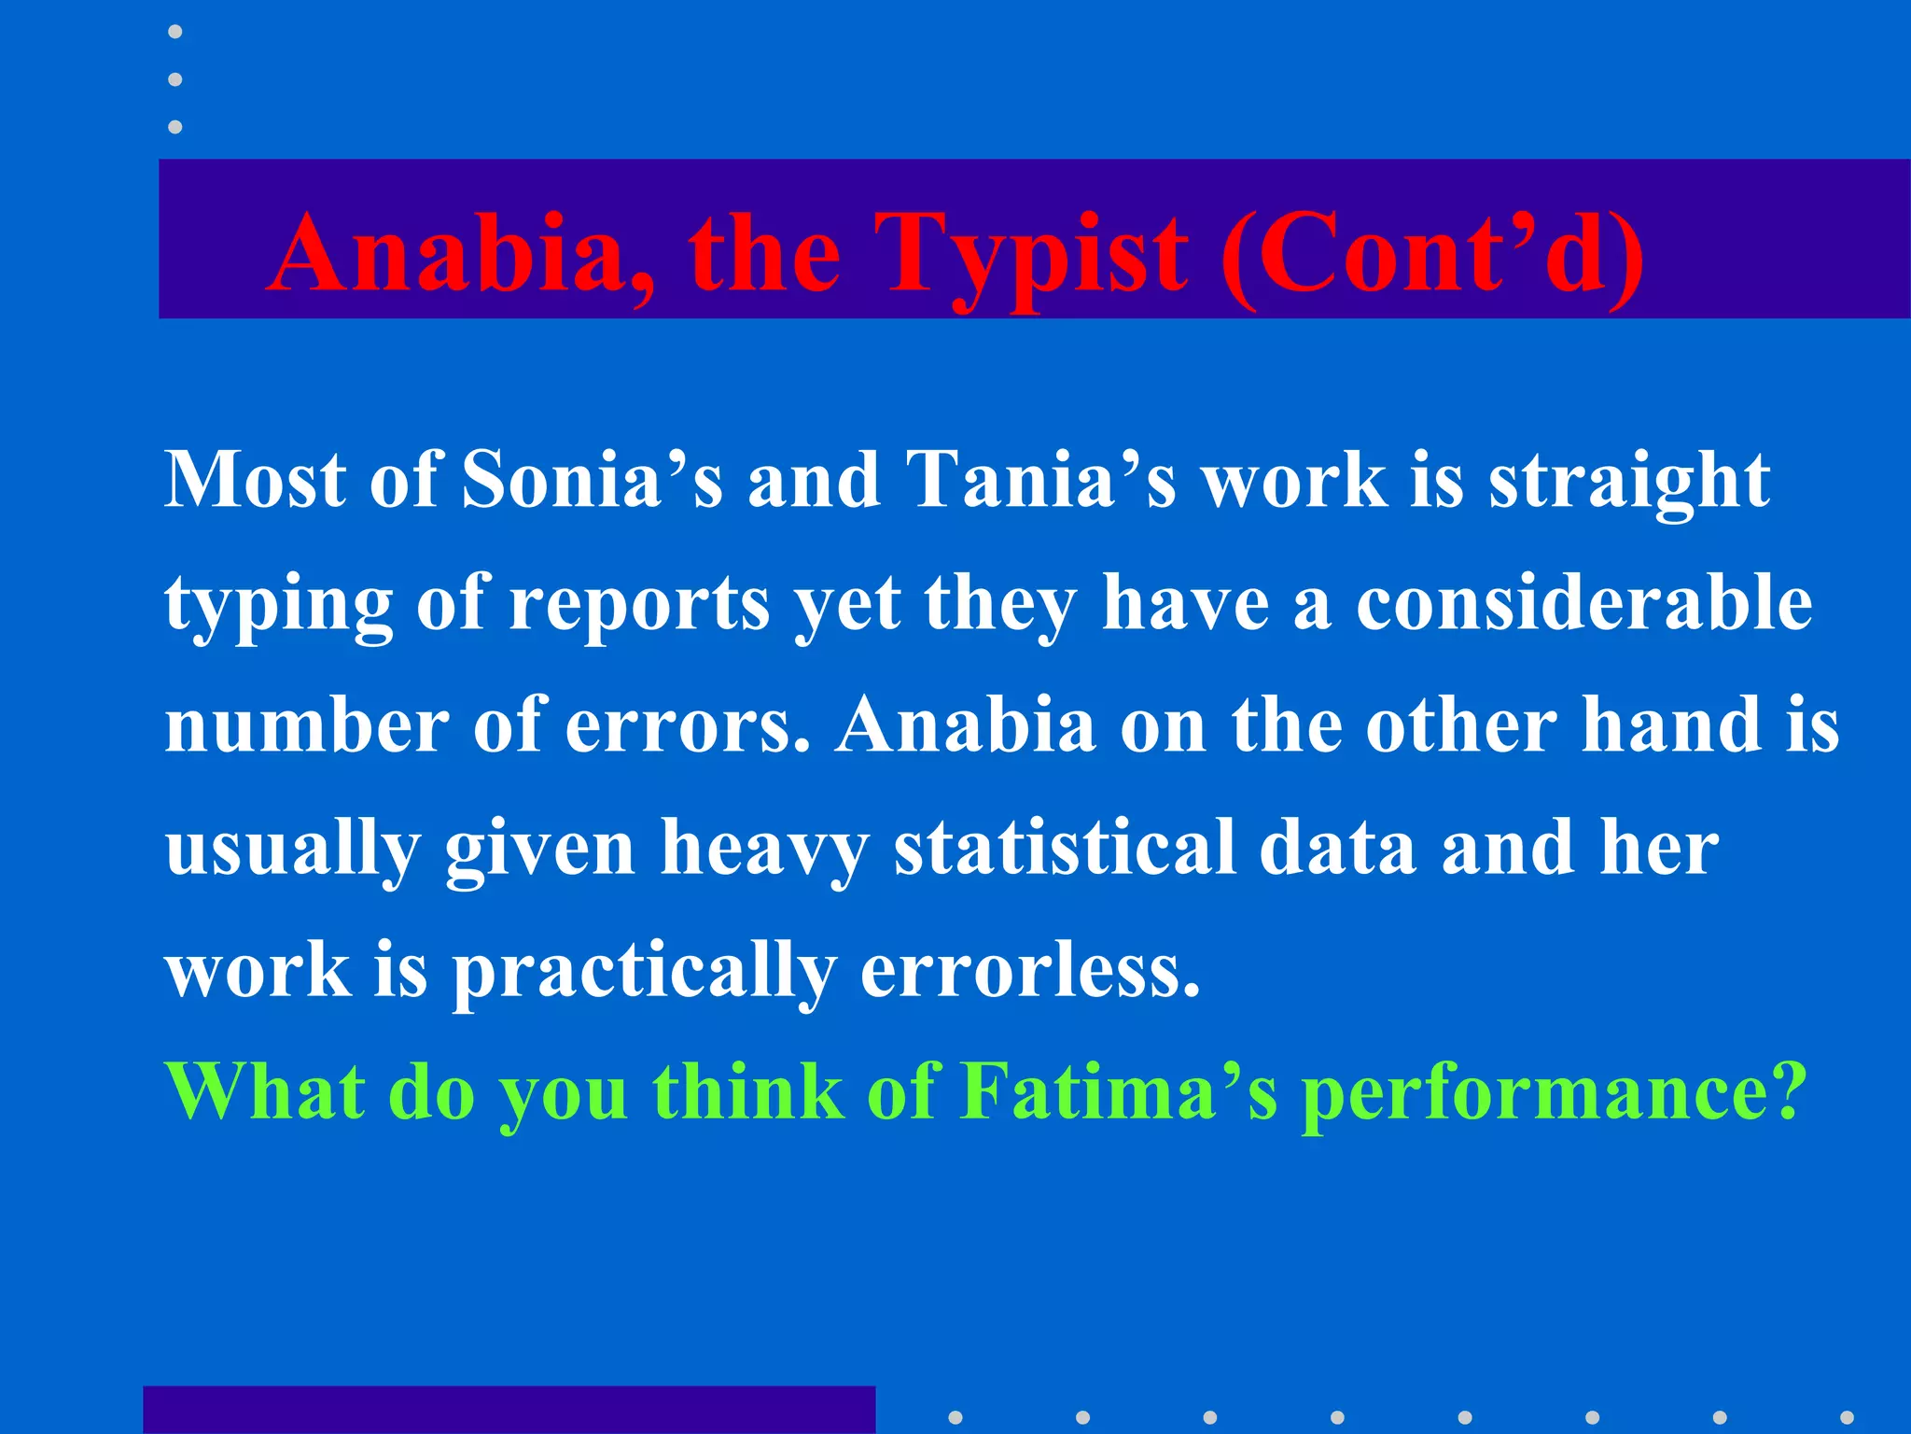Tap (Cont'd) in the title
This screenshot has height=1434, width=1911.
click(1431, 254)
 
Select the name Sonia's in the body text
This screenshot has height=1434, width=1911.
click(592, 480)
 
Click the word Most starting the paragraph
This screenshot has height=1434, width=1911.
click(255, 480)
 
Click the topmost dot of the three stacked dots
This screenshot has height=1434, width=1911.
click(174, 32)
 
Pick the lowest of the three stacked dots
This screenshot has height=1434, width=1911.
click(174, 126)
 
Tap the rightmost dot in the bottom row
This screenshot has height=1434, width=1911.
click(1846, 1417)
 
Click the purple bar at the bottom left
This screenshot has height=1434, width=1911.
click(509, 1410)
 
